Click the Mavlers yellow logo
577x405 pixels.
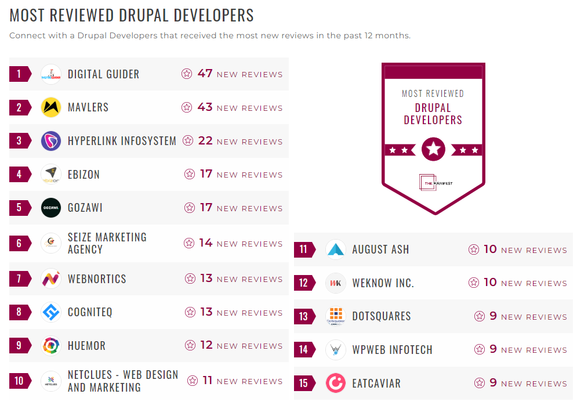click(51, 107)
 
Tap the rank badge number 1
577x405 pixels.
click(19, 74)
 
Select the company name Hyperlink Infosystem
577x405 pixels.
click(122, 141)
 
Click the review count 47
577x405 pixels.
click(205, 74)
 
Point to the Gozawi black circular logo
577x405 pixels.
click(51, 208)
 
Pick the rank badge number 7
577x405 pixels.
click(19, 279)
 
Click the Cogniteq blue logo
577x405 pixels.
click(51, 312)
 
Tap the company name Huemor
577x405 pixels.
click(86, 346)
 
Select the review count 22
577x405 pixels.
click(205, 141)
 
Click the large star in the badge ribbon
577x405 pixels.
click(433, 149)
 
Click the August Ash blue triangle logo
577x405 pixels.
click(336, 250)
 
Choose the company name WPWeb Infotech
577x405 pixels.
click(392, 350)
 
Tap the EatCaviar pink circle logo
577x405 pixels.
click(336, 383)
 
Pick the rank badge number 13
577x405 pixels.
click(304, 317)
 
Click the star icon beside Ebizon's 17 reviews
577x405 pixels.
click(189, 174)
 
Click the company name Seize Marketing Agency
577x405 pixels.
click(107, 243)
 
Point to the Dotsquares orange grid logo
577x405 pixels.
click(336, 316)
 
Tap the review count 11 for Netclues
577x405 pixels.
click(208, 381)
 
